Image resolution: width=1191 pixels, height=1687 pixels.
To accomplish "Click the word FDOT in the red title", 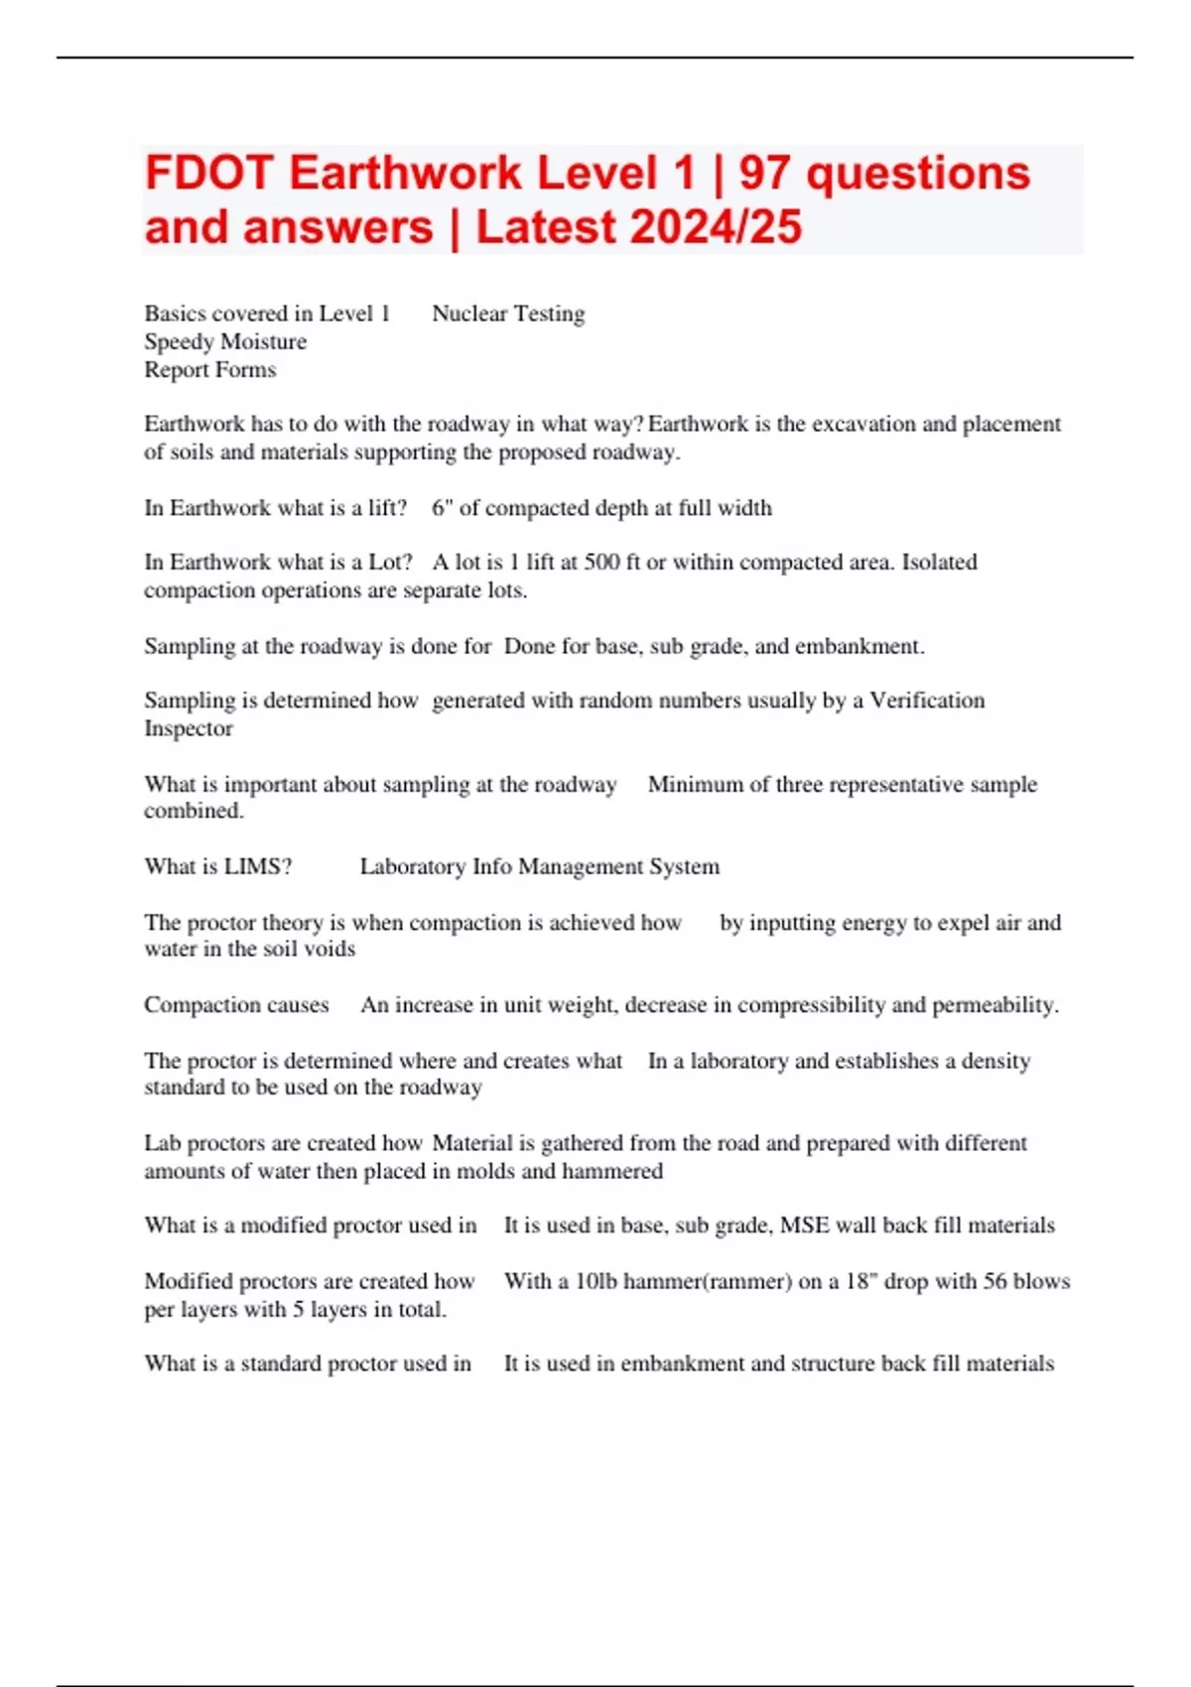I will point(207,174).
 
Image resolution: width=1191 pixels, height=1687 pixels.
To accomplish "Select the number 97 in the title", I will point(764,174).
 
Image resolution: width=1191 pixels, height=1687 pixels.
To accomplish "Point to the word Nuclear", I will point(468,314).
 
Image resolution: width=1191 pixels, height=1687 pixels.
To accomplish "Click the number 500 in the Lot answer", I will point(600,563).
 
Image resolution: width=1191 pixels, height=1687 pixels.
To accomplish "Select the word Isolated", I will point(939,563).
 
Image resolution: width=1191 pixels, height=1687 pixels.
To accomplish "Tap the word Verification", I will point(927,701).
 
